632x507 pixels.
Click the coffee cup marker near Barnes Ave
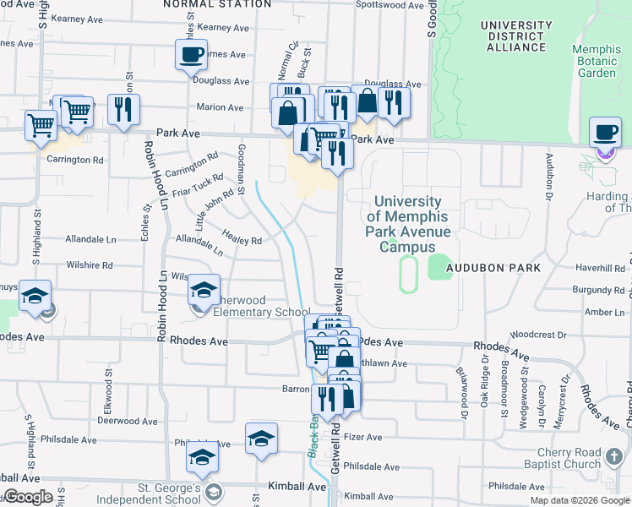[x=191, y=56]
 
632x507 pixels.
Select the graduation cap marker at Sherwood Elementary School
[x=203, y=291]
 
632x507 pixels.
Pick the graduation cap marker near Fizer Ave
[x=261, y=438]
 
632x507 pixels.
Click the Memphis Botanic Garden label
[x=597, y=61]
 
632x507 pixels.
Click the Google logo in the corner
[x=27, y=497]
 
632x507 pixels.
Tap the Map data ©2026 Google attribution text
[x=579, y=500]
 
